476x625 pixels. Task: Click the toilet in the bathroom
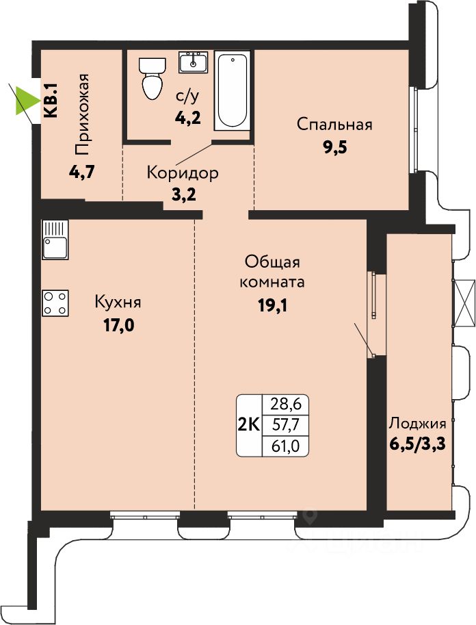click(x=151, y=78)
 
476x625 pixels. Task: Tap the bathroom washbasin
click(x=193, y=62)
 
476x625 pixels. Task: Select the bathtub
click(x=233, y=90)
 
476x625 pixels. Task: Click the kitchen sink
click(x=55, y=240)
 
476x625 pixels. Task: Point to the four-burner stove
click(x=55, y=303)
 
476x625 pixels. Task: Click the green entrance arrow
click(x=26, y=101)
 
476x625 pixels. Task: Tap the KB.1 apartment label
click(x=51, y=101)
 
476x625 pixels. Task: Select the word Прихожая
click(x=81, y=114)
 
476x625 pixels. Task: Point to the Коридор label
click(x=183, y=173)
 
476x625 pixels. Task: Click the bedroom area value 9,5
click(x=335, y=147)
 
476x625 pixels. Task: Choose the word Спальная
click(x=334, y=125)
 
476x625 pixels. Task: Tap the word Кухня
click(x=118, y=302)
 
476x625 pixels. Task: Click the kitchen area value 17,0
click(x=119, y=326)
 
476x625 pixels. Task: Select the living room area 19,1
click(x=273, y=305)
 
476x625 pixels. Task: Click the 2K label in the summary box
click(x=249, y=425)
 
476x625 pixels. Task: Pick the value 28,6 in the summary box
click(x=285, y=405)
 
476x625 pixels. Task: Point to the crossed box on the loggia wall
click(x=464, y=303)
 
